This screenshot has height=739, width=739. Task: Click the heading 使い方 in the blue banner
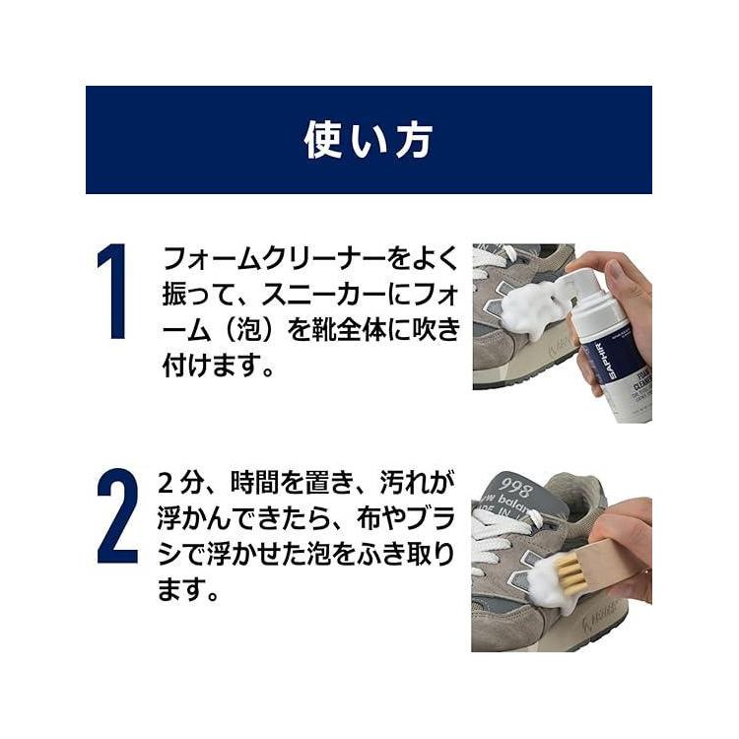pyautogui.click(x=369, y=140)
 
